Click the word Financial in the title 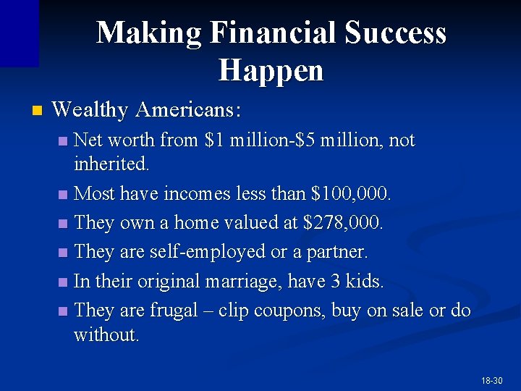coord(273,33)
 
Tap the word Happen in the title coord(271,70)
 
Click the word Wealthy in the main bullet coord(90,111)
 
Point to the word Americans coord(187,111)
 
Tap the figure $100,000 coord(350,194)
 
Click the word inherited coord(111,164)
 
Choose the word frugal coord(173,311)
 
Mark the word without coord(106,335)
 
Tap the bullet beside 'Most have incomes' coord(64,195)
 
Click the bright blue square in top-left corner coord(19,33)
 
